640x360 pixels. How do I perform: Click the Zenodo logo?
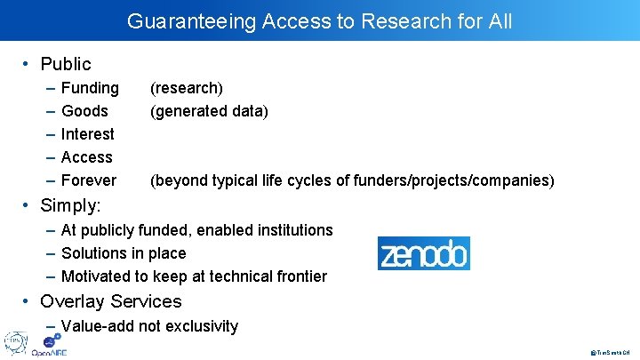pyautogui.click(x=423, y=253)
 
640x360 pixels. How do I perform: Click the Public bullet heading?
pyautogui.click(x=66, y=64)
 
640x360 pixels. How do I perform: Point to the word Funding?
pyautogui.click(x=90, y=88)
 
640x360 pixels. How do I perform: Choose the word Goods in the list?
pyautogui.click(x=84, y=111)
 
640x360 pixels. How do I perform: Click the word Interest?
pyautogui.click(x=87, y=134)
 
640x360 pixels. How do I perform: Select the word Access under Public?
pyautogui.click(x=86, y=157)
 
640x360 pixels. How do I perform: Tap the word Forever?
pyautogui.click(x=88, y=180)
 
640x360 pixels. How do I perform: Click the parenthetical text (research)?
pyautogui.click(x=187, y=88)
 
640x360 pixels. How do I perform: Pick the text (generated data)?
pyautogui.click(x=209, y=111)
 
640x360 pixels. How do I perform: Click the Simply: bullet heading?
pyautogui.click(x=70, y=205)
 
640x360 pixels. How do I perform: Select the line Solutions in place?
pyautogui.click(x=124, y=253)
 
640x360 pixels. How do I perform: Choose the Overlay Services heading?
pyautogui.click(x=110, y=301)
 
